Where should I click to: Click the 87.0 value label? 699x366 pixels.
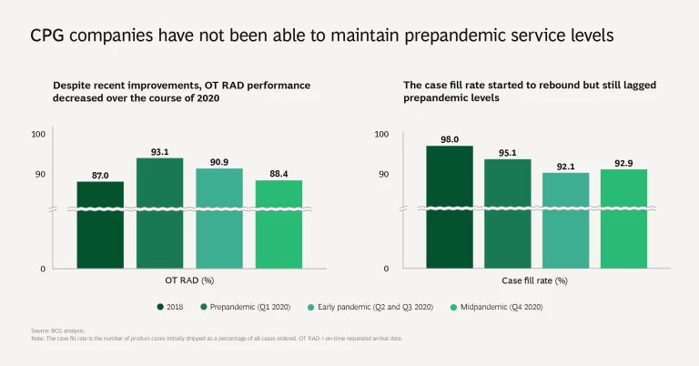pyautogui.click(x=100, y=174)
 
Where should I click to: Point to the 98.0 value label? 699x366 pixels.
pyautogui.click(x=450, y=138)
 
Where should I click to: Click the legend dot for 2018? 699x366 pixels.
pyautogui.click(x=160, y=307)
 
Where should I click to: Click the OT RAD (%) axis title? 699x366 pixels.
pyautogui.click(x=189, y=280)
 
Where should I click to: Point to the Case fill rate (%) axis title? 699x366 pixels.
pyautogui.click(x=535, y=280)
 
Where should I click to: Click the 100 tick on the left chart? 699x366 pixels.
pyautogui.click(x=38, y=135)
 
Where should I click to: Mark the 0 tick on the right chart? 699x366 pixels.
pyautogui.click(x=386, y=269)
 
